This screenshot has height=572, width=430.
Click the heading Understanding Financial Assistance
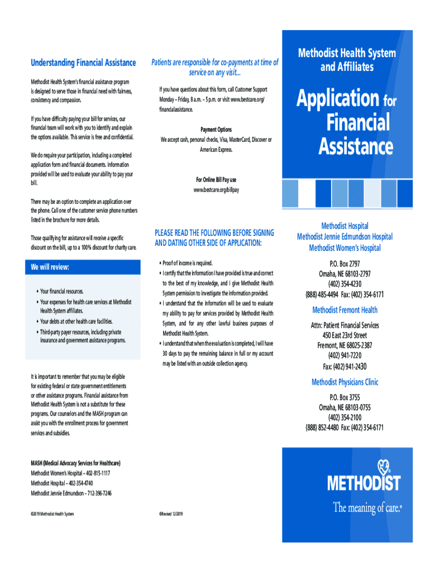point(83,63)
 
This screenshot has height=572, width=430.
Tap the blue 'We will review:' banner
point(85,268)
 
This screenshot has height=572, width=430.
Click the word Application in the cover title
point(338,99)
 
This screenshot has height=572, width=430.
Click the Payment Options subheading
point(216,130)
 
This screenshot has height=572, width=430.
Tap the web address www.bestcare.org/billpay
point(216,190)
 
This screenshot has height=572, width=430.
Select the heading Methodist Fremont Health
point(345,310)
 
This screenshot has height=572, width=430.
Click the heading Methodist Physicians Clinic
point(345,382)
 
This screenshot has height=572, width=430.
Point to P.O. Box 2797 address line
point(345,263)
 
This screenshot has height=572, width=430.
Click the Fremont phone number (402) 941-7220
point(345,355)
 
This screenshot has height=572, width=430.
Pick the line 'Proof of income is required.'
point(188,263)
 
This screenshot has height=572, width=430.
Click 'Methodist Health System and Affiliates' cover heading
point(347,60)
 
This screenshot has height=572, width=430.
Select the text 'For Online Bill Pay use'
point(216,180)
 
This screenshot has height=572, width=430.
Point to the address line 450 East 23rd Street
point(345,335)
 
